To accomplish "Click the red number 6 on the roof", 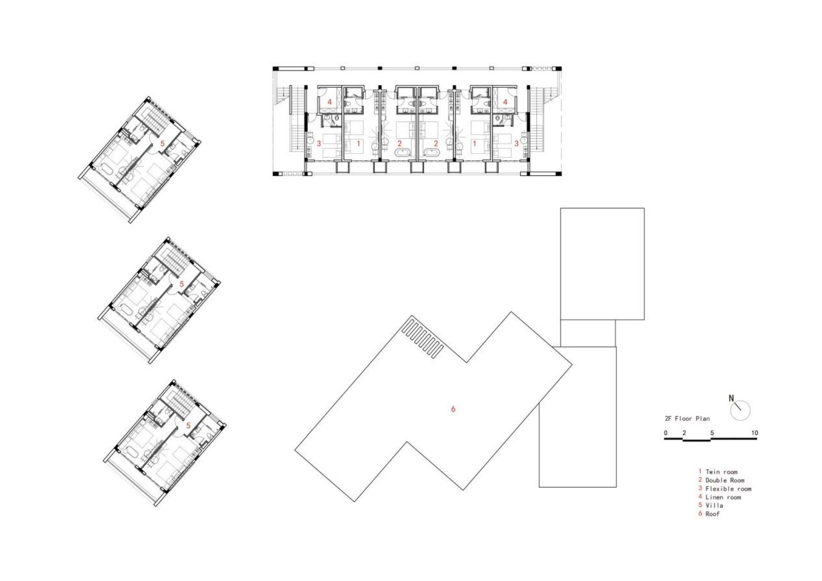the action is (x=453, y=409).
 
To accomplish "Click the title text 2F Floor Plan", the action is (x=687, y=418).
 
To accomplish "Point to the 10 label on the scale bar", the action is (x=754, y=433).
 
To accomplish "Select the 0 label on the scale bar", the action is (x=666, y=433).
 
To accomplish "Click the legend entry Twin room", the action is (x=721, y=472).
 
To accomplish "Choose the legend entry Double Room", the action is (x=725, y=480).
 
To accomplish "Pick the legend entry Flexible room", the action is (x=728, y=488).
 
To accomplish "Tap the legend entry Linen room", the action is (x=723, y=497).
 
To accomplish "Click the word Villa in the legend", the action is (x=714, y=505).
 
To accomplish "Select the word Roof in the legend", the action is (x=712, y=513).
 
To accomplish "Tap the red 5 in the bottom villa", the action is (x=188, y=425).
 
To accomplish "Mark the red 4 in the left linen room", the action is (x=329, y=102).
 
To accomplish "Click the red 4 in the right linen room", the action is (x=505, y=102).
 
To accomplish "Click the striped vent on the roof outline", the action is (x=423, y=338).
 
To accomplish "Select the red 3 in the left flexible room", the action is (x=319, y=143).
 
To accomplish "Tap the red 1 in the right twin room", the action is (x=474, y=143).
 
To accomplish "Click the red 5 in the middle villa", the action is (x=181, y=284).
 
